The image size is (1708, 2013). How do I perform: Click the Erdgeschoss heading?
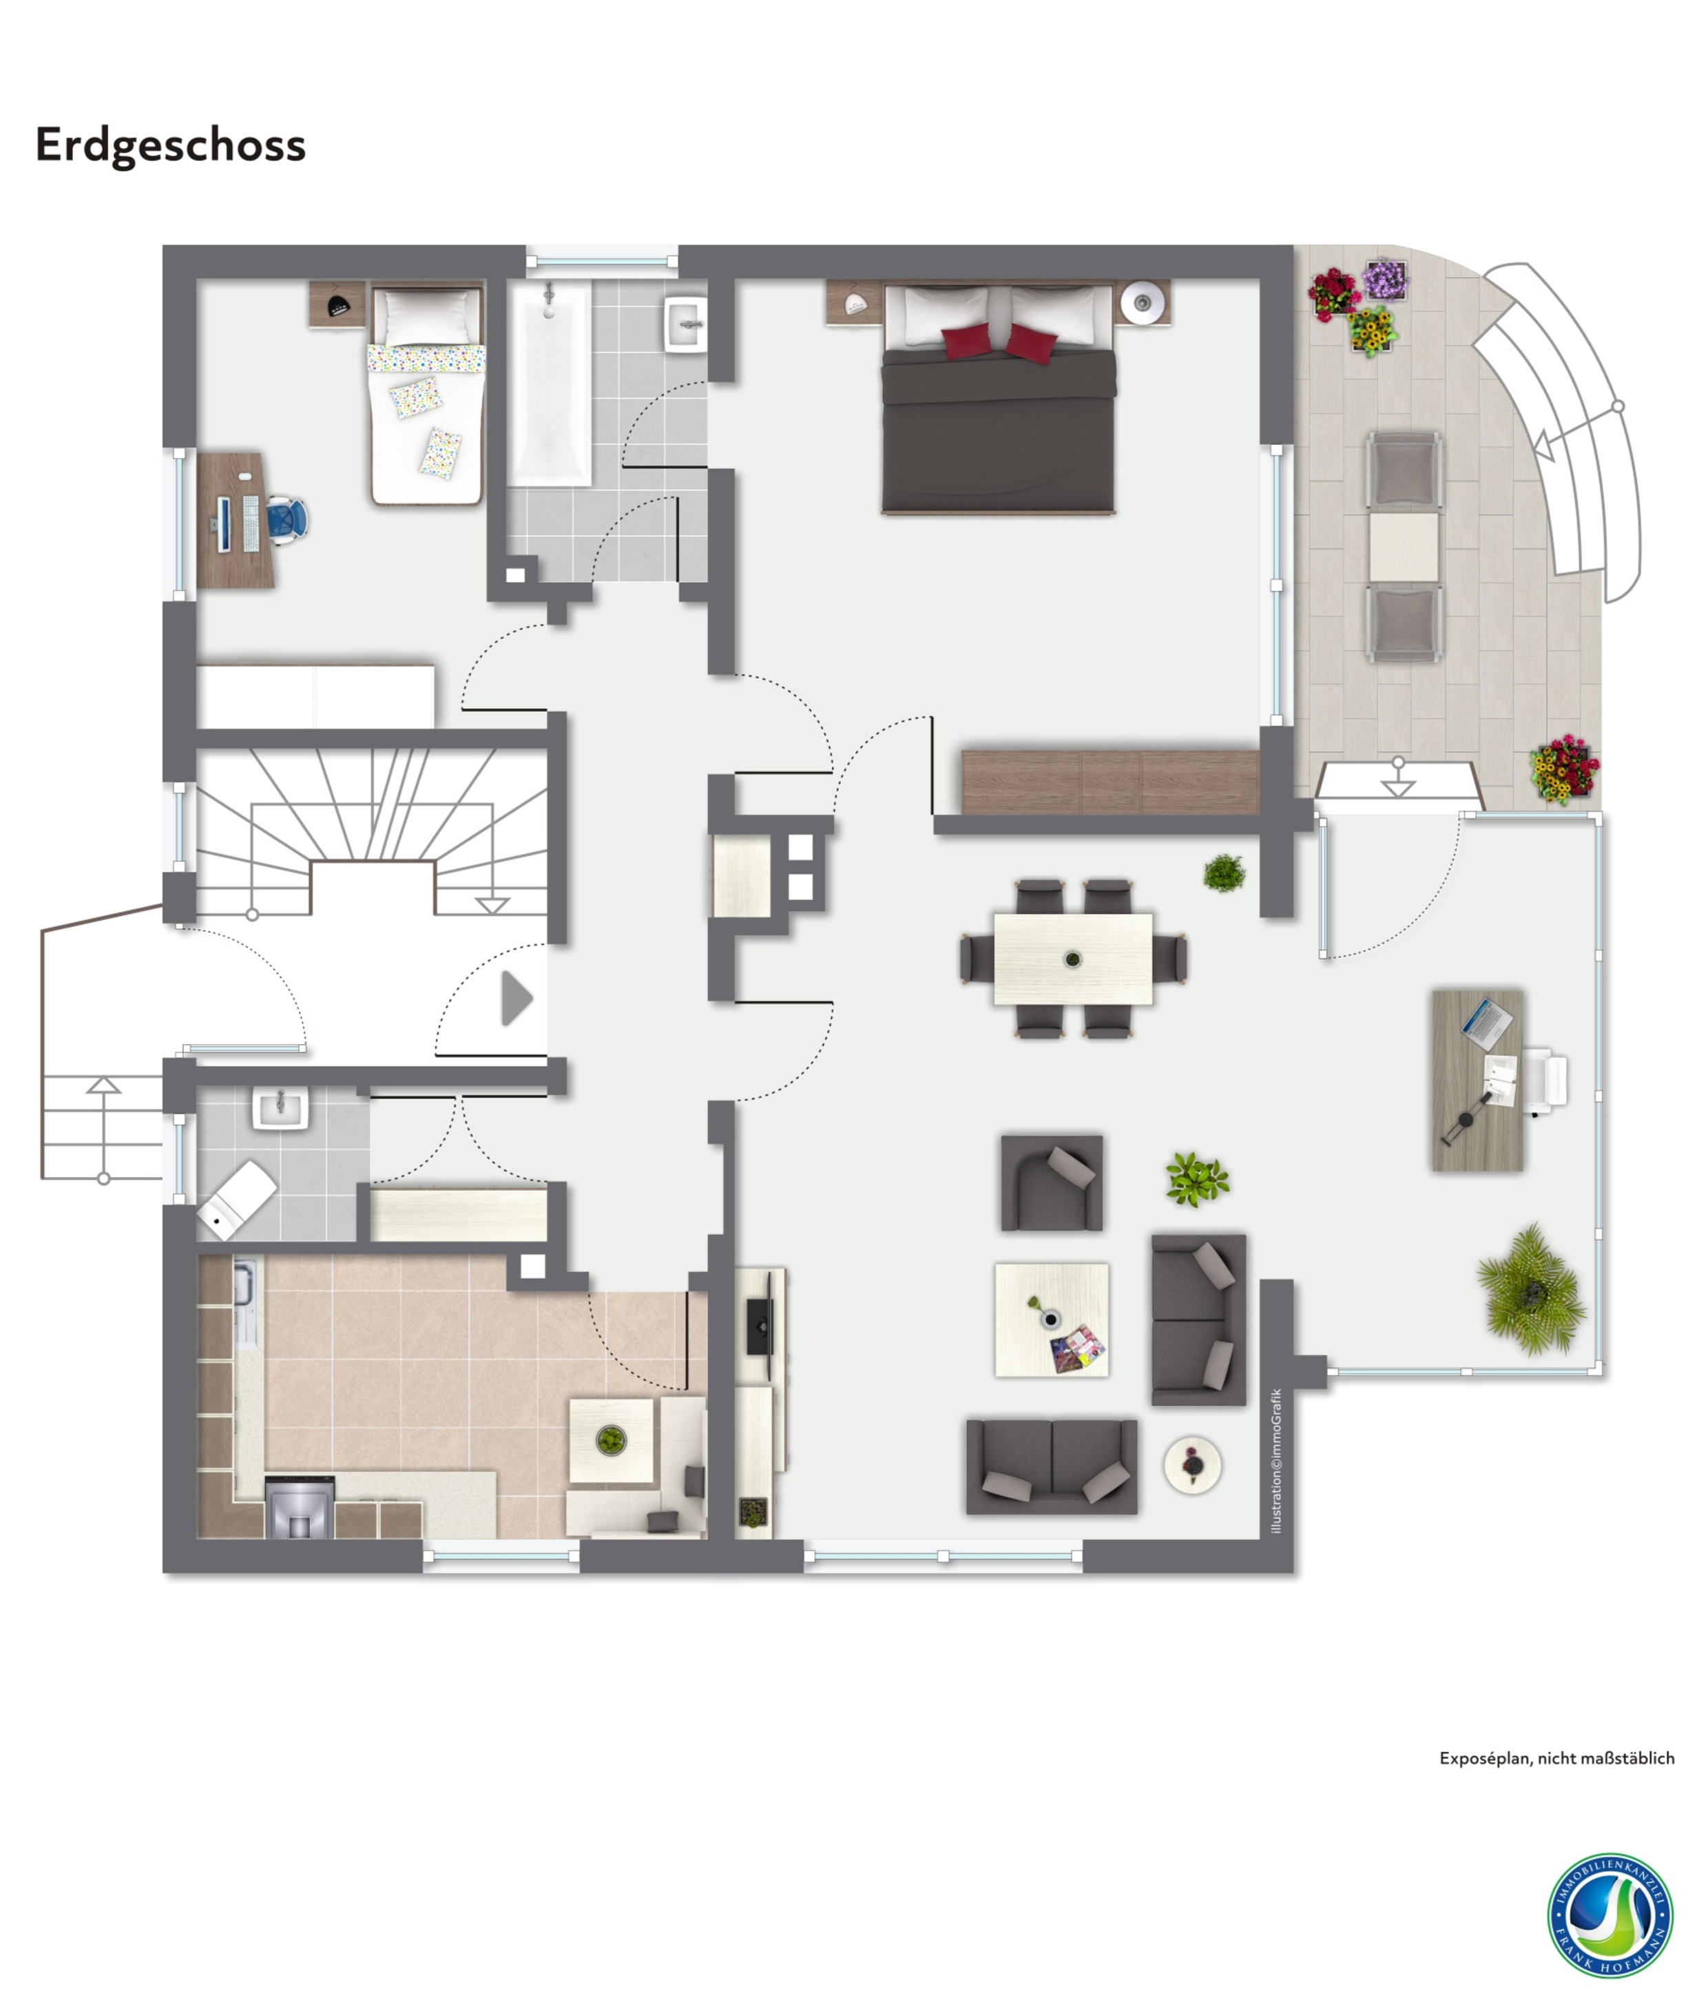pyautogui.click(x=170, y=146)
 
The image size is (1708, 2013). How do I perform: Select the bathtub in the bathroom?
pyautogui.click(x=550, y=384)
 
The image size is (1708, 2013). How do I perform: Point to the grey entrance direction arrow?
pyautogui.click(x=516, y=999)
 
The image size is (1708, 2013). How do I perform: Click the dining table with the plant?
pyautogui.click(x=1073, y=959)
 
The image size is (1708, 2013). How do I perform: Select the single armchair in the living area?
pyautogui.click(x=1052, y=1182)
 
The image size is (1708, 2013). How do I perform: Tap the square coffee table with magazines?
pyautogui.click(x=1052, y=1319)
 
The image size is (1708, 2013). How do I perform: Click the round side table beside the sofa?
pyautogui.click(x=1192, y=1465)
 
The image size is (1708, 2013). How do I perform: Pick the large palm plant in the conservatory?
pyautogui.click(x=1532, y=1290)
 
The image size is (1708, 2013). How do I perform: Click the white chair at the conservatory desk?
pyautogui.click(x=1546, y=1080)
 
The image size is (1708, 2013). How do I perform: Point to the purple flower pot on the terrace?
pyautogui.click(x=1386, y=279)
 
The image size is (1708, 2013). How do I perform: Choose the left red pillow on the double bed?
pyautogui.click(x=966, y=341)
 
